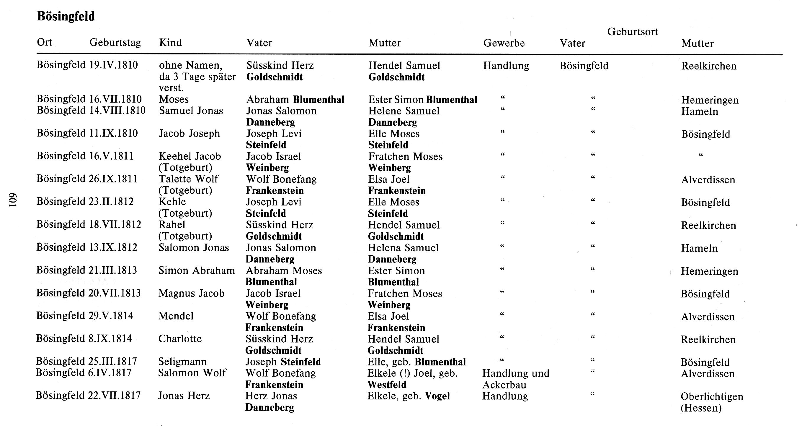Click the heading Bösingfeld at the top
[66, 16]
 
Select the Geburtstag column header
[115, 42]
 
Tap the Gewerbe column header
[504, 43]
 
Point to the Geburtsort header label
[632, 32]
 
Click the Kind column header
[170, 42]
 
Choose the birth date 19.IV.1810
[113, 65]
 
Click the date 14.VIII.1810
[117, 110]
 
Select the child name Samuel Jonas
[191, 111]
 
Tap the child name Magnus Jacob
[191, 293]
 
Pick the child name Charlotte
[180, 339]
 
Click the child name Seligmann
[182, 362]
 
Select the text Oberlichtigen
[712, 396]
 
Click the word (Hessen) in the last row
[701, 408]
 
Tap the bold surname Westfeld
[387, 385]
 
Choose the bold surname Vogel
[437, 396]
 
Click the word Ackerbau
[504, 385]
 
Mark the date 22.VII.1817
[114, 396]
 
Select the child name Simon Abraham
[197, 270]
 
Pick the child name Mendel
[176, 316]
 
